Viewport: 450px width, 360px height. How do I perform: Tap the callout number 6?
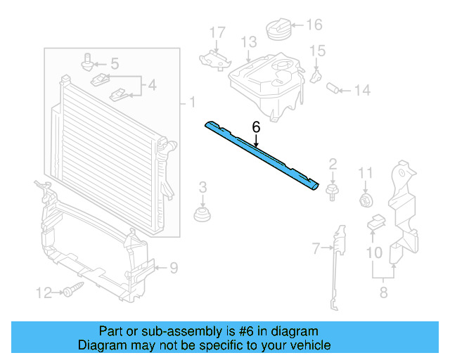256,127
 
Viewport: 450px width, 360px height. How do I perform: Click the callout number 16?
314,25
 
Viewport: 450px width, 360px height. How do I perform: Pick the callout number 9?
174,267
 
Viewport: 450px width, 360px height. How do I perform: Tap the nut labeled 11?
366,201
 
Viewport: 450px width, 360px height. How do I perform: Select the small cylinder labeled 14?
335,89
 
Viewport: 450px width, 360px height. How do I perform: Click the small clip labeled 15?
317,73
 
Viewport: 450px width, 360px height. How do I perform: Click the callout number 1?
191,103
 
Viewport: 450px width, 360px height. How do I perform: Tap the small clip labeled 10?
376,224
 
